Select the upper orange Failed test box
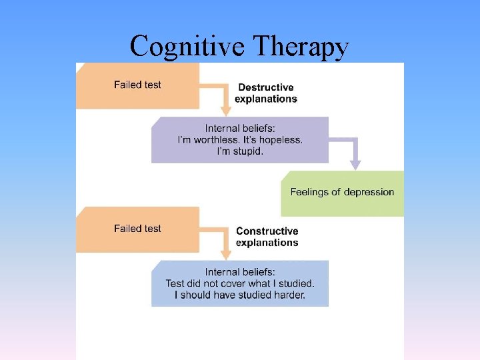(137, 85)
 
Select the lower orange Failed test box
(137, 229)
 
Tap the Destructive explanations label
(266, 93)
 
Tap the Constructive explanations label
(267, 237)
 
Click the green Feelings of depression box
(342, 193)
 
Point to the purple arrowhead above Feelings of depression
(355, 164)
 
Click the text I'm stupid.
(240, 152)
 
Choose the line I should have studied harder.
(240, 295)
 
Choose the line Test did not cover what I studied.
(240, 283)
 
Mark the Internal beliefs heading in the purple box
(240, 129)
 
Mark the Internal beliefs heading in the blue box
(240, 272)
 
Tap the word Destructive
(266, 87)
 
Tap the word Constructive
(267, 231)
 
